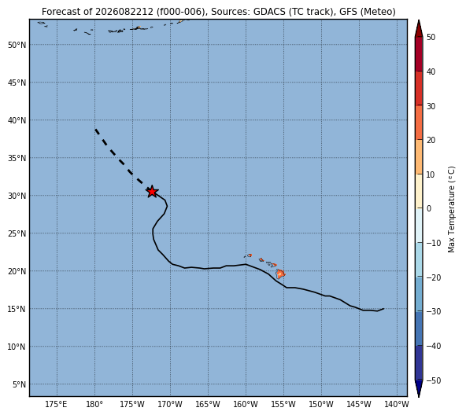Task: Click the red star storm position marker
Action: point(152,192)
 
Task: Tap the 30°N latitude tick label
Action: point(17,196)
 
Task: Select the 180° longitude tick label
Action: point(94,404)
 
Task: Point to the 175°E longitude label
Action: point(57,404)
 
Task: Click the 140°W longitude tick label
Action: point(397,404)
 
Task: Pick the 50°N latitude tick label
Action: point(17,45)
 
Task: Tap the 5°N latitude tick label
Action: point(19,384)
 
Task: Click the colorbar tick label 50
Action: point(431,37)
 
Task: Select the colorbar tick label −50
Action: point(434,380)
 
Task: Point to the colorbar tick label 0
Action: point(429,209)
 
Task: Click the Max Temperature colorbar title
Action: point(451,209)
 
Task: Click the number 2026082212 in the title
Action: point(124,12)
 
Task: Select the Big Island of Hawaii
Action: point(280,274)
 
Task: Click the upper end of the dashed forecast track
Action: point(95,130)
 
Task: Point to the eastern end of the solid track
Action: point(383,309)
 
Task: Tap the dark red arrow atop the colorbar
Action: point(419,28)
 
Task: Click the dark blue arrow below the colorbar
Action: point(419,388)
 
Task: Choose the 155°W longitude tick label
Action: point(283,404)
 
